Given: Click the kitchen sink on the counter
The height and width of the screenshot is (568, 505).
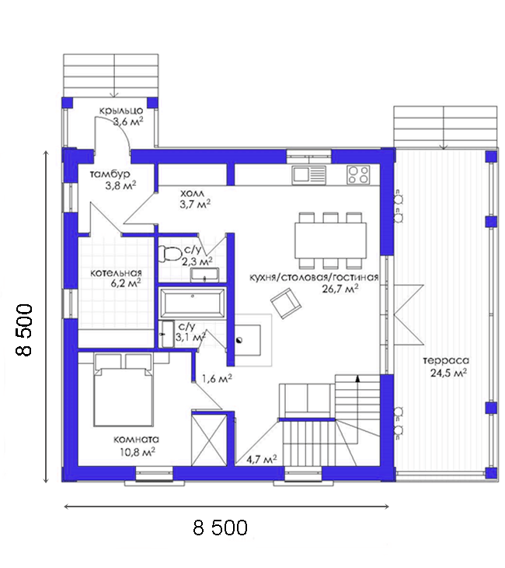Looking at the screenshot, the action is coord(309,174).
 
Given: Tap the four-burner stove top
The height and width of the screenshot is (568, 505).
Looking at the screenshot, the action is coord(358,174).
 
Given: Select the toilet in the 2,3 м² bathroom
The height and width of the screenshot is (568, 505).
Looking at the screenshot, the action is coord(170,254).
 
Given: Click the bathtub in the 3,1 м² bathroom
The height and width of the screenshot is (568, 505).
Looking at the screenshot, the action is coord(192,303).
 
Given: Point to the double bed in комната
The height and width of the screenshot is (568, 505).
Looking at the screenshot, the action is coord(123,390).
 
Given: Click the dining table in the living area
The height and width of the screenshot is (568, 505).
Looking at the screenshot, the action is coord(331,240).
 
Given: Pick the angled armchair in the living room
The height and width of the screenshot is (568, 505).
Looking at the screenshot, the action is coord(286,303).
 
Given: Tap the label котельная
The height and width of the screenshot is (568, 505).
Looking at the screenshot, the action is coord(116,273).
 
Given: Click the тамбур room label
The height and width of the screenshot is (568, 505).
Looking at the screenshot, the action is coord(110,174).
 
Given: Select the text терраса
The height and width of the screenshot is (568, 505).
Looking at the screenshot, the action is coord(446,361).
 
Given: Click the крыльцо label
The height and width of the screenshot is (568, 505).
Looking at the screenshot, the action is coord(121,110).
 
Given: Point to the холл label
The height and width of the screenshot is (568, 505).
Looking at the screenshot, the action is coord(192,194).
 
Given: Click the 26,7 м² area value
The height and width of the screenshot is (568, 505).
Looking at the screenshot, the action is coord(340,289).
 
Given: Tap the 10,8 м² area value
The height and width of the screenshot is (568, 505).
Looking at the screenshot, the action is coord(138,452).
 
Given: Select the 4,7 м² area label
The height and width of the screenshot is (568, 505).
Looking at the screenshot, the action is coord(262,459).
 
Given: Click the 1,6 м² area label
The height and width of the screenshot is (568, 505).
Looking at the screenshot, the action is coord(217,379).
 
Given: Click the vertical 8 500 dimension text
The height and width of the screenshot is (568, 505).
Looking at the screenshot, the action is coord(25,330).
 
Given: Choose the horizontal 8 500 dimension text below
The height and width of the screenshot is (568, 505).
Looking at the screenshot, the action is coord(221,528).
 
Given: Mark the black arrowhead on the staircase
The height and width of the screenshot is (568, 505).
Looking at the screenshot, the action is coord(357,379).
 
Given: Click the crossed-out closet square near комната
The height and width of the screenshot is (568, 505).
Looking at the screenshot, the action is coord(209,440).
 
